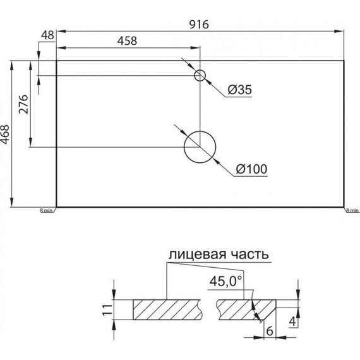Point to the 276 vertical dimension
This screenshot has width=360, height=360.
pos(24,105)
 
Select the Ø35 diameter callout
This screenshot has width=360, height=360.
pos(239,90)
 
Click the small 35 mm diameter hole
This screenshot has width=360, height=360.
pos(200,76)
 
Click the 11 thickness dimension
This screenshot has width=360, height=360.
pos(107,309)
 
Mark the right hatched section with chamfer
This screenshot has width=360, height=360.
pos(243,309)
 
